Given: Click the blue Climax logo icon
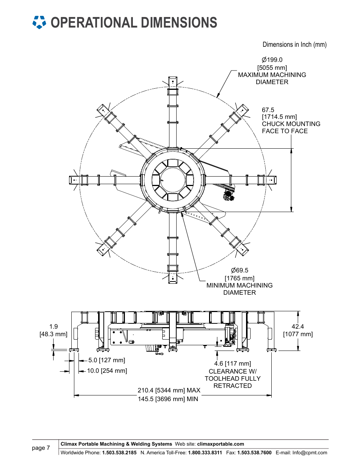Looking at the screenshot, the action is [x=39, y=22].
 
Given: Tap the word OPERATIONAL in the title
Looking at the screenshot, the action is [x=94, y=22].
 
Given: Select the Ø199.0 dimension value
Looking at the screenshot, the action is [x=272, y=60].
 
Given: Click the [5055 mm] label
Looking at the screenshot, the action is [x=272, y=68].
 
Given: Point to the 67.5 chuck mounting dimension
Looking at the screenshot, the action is [x=268, y=110].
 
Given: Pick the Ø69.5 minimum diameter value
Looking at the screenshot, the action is [x=239, y=270].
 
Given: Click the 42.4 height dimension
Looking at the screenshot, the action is [x=298, y=326].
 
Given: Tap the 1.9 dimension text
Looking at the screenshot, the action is [x=53, y=326].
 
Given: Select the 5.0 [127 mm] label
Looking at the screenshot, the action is [x=106, y=360].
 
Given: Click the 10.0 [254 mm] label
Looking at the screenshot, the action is [x=107, y=371].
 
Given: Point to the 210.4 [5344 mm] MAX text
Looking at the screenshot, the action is [x=169, y=390].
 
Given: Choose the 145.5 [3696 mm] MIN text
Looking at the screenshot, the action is [x=168, y=399].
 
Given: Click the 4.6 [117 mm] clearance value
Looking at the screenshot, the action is [x=232, y=363].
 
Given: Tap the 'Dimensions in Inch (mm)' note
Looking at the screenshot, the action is [x=294, y=45].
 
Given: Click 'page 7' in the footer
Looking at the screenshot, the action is [x=41, y=448].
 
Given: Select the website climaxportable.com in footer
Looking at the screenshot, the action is [x=220, y=444].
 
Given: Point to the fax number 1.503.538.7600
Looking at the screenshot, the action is [x=254, y=453].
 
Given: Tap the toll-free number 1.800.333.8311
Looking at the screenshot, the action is [x=205, y=453].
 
